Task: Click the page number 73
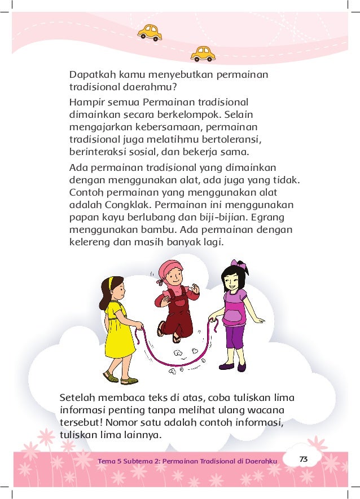[304, 460]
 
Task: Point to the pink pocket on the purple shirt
[234, 316]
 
